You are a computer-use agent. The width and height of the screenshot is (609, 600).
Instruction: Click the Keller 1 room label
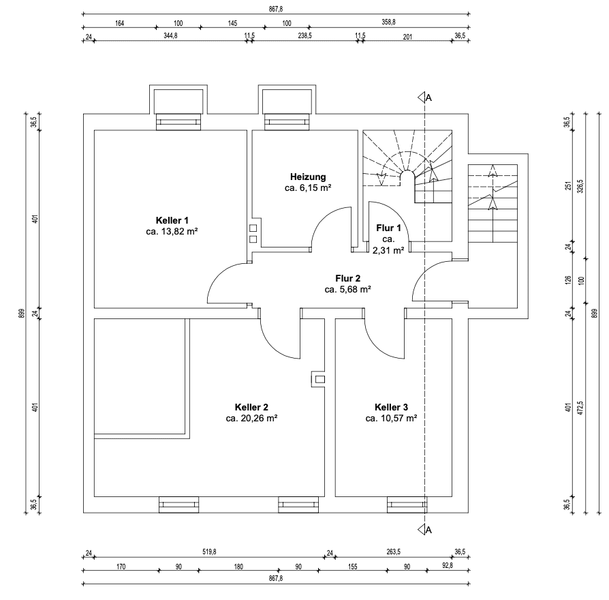click(172, 220)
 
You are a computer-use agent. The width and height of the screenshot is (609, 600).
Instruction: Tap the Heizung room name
click(307, 176)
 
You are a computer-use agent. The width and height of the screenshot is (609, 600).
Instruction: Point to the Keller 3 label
click(391, 406)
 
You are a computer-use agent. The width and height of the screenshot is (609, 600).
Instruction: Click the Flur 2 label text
click(347, 278)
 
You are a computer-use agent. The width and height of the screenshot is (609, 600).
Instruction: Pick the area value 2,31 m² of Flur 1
click(388, 250)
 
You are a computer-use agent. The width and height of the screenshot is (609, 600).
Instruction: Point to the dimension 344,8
click(170, 35)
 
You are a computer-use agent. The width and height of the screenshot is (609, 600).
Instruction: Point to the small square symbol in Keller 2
click(319, 378)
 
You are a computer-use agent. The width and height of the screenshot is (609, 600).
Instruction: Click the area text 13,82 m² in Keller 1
click(172, 232)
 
